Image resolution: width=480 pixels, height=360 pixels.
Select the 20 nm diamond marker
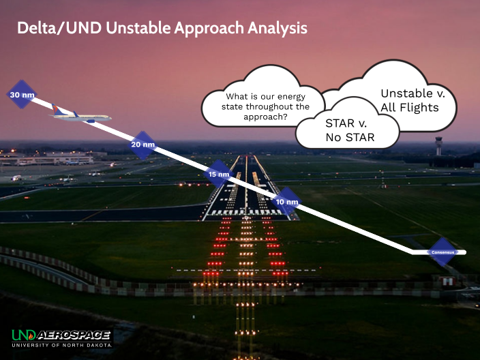click(143, 145)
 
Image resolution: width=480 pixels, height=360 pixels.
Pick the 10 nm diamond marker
click(288, 202)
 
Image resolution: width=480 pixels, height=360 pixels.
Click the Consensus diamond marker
click(442, 252)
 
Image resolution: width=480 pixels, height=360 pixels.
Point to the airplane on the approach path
click(80, 116)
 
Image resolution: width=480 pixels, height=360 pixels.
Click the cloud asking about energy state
click(256, 102)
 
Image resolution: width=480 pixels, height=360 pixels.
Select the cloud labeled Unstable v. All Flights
click(409, 100)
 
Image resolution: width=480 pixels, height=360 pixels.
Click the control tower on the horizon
click(439, 145)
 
